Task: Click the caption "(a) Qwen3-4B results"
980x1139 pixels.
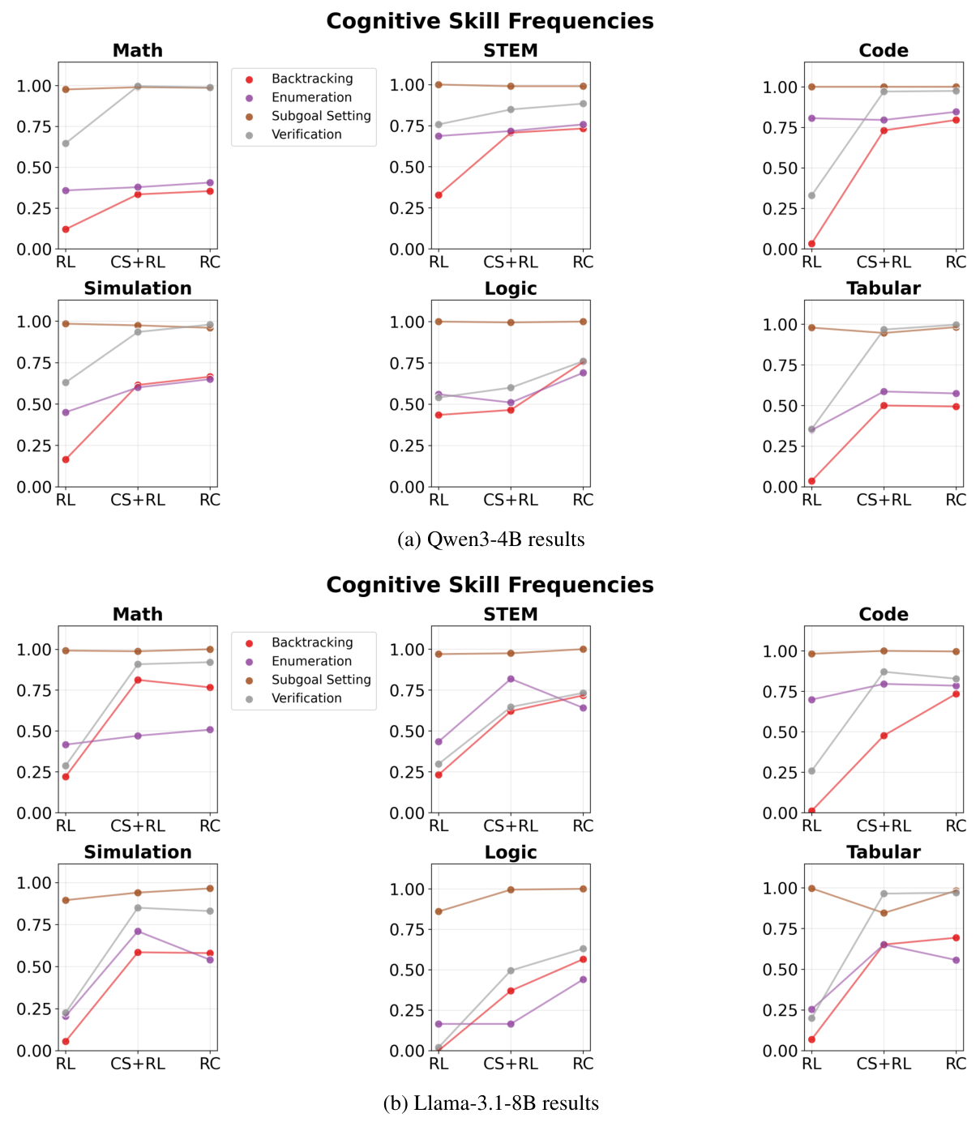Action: coord(490,540)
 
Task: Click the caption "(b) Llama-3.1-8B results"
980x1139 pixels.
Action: coord(490,1103)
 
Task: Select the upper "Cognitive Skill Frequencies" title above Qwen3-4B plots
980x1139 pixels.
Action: coord(490,21)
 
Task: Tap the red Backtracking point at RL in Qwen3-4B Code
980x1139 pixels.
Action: coord(811,244)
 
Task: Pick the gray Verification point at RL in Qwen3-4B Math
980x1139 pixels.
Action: coord(66,143)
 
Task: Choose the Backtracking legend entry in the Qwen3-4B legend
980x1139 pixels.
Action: coord(312,79)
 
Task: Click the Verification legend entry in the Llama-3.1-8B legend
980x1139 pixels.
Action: coord(306,698)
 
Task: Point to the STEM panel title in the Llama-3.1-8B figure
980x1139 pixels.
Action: coord(511,614)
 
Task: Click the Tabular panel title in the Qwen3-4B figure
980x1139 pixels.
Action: coord(884,288)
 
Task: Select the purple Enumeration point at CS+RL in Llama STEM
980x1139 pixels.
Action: coord(511,679)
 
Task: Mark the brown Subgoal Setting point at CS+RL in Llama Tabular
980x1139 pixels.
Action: coord(884,913)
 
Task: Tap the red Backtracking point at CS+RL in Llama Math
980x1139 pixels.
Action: coord(138,680)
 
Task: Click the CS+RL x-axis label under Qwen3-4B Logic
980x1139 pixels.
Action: coord(511,501)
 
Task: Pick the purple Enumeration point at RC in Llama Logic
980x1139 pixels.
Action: coord(583,979)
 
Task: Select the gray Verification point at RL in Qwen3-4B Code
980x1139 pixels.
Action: coord(811,195)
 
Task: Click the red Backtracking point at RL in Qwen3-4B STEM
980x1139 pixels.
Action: coord(439,195)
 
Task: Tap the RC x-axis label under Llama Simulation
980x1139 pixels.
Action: coord(210,1064)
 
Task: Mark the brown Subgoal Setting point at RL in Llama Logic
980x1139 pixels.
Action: coord(439,911)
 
